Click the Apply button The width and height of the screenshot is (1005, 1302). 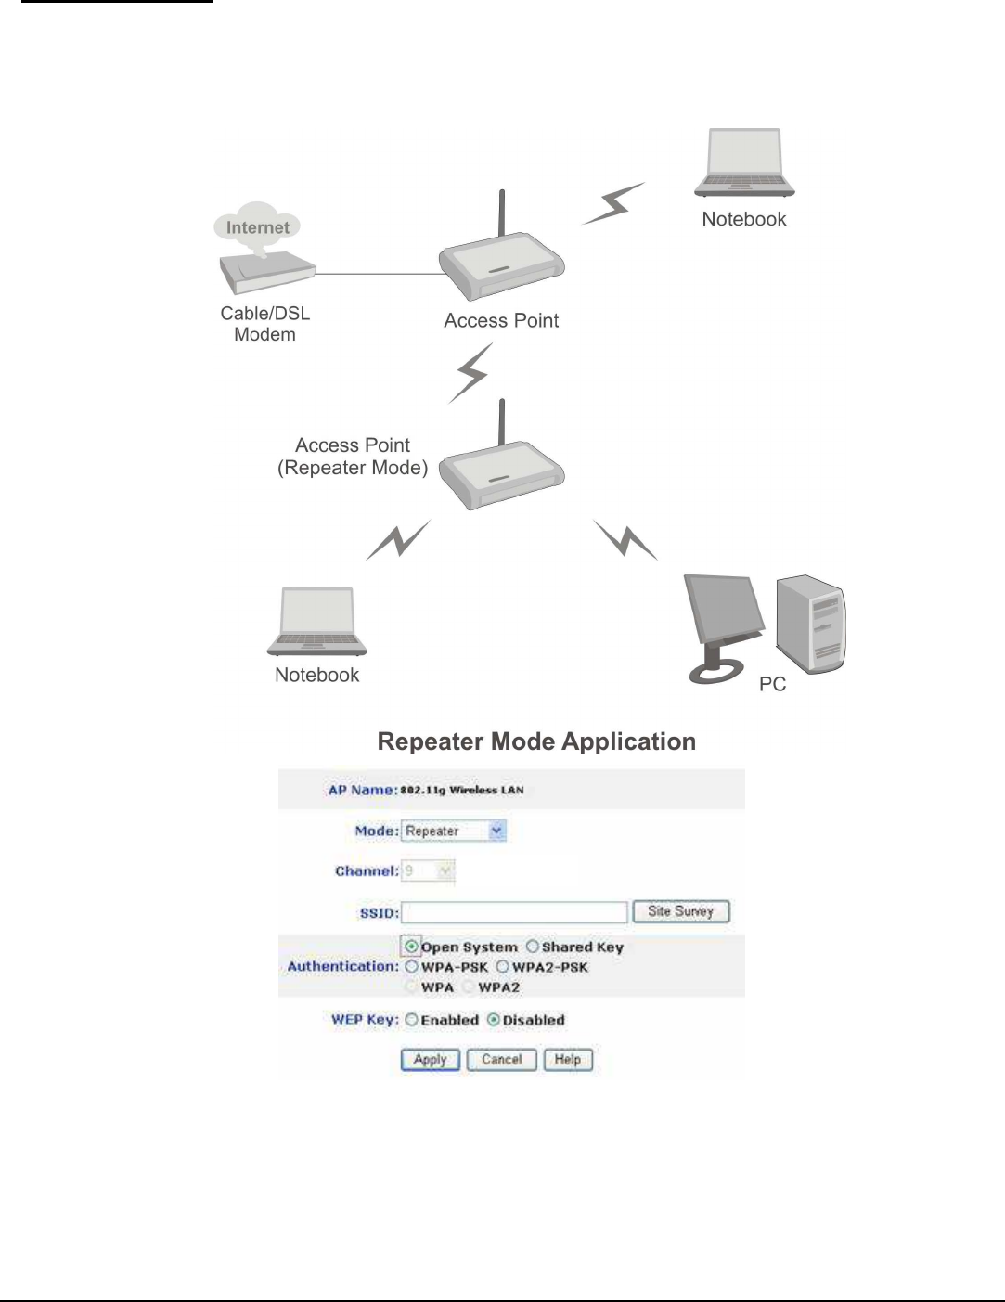430,1060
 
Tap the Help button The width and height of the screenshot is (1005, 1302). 567,1060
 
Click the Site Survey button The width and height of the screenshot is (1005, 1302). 681,911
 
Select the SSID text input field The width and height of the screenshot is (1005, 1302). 515,912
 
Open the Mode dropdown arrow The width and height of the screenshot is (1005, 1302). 497,831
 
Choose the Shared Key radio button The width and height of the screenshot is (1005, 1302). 533,947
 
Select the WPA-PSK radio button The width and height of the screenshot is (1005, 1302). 412,967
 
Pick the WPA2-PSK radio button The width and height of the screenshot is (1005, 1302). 502,967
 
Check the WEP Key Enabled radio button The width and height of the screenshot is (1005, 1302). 412,1020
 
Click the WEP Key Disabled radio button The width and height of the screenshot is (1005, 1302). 494,1020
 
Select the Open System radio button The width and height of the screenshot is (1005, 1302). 412,947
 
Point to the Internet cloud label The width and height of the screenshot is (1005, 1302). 258,227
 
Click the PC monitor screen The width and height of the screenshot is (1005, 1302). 721,613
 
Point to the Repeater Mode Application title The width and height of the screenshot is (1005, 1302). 536,741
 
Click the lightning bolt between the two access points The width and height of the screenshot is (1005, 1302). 472,372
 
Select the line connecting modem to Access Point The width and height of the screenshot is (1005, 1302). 380,274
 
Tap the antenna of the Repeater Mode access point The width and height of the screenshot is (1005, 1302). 502,422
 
